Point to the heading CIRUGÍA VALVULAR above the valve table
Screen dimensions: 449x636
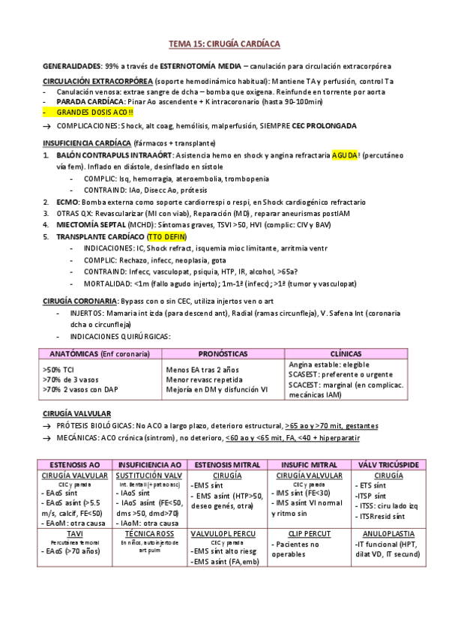click(x=77, y=413)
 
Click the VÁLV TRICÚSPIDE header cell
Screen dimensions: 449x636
click(x=390, y=464)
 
